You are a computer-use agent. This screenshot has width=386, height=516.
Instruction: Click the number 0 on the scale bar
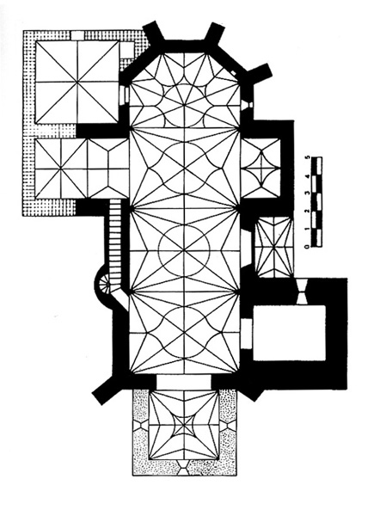click(308, 245)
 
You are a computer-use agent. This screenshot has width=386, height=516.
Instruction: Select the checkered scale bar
click(317, 202)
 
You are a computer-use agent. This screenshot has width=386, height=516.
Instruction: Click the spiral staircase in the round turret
click(107, 282)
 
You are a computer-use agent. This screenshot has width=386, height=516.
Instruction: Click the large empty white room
click(289, 332)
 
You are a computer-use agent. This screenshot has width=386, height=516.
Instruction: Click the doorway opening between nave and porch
click(183, 381)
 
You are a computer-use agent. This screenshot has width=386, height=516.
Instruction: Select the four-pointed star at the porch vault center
click(184, 425)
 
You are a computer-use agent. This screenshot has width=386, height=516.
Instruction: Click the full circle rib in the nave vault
click(184, 251)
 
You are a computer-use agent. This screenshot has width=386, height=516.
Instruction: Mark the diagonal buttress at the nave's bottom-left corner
click(105, 390)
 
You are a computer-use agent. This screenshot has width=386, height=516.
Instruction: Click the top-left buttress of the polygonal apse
click(153, 32)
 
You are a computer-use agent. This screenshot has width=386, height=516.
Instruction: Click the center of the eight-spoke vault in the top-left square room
click(77, 82)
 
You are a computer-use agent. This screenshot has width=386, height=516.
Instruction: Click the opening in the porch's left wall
click(142, 425)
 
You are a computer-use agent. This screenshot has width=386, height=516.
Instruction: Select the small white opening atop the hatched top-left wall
click(77, 35)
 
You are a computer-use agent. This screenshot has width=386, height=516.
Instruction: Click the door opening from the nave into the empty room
click(247, 333)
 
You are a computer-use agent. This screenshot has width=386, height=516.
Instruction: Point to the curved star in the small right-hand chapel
click(261, 169)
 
